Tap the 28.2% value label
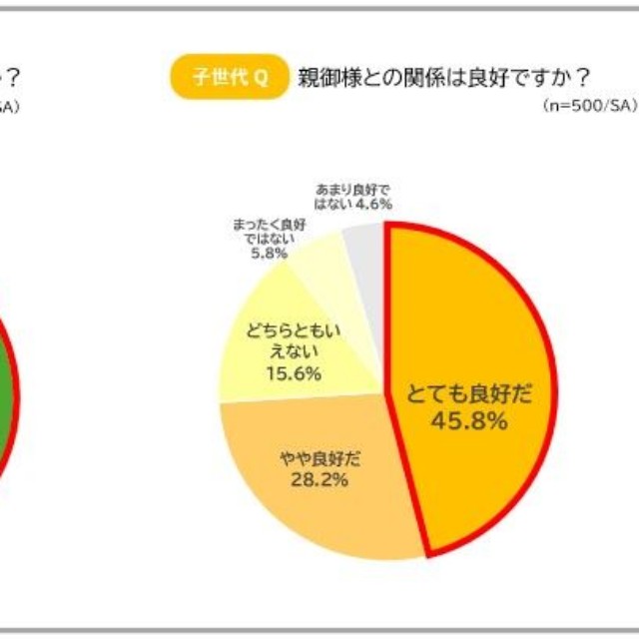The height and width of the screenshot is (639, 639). point(319,480)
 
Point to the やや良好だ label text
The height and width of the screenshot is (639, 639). point(320,459)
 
